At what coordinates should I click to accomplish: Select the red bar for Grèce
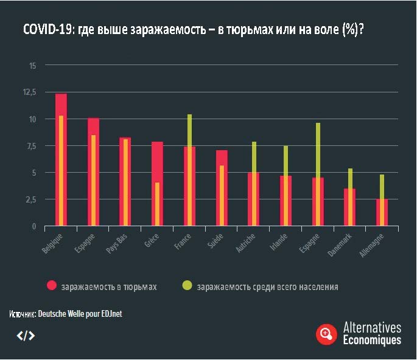[x=153, y=182]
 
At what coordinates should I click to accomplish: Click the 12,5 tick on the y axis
[x=30, y=92]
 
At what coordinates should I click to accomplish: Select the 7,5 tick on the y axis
[x=31, y=146]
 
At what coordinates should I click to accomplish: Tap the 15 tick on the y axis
[x=33, y=65]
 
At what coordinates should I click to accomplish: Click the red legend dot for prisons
[x=52, y=286]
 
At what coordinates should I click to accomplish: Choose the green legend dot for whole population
[x=186, y=286]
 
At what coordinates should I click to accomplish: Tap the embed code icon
[x=26, y=335]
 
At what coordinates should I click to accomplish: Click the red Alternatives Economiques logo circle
[x=326, y=333]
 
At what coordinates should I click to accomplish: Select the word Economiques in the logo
[x=372, y=340]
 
